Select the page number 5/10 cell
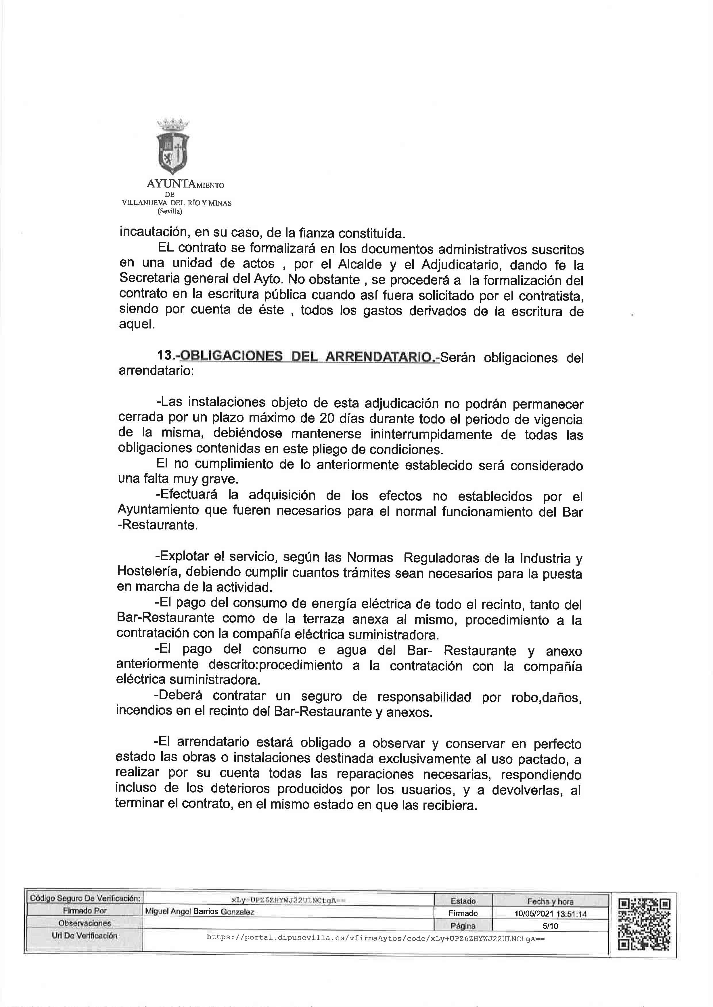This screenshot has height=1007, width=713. click(551, 926)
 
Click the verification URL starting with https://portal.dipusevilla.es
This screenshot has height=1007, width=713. click(375, 938)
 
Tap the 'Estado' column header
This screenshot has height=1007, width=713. click(463, 901)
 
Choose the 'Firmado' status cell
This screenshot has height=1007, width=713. click(463, 913)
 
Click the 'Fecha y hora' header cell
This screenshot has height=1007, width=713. click(551, 901)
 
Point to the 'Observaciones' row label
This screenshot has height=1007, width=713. click(85, 923)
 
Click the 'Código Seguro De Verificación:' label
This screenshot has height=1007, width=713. click(85, 898)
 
